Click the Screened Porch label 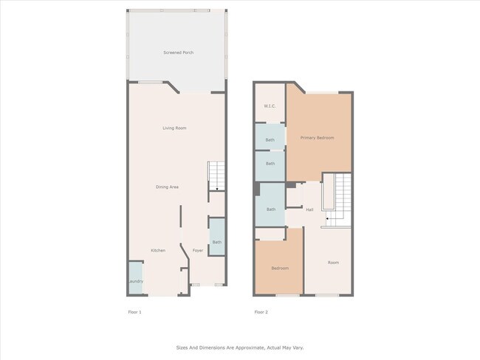178,53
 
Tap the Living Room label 174,128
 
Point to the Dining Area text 167,187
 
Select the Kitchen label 158,251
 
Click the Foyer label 198,251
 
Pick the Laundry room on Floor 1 136,281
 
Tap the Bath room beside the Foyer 217,242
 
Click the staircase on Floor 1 216,177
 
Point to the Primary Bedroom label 317,138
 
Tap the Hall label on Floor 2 310,210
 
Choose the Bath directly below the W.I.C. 270,140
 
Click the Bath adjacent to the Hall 271,210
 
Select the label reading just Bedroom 279,268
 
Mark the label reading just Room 333,262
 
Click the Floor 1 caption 135,312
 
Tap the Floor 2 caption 261,312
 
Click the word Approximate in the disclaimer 240,347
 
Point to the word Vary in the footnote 298,347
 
